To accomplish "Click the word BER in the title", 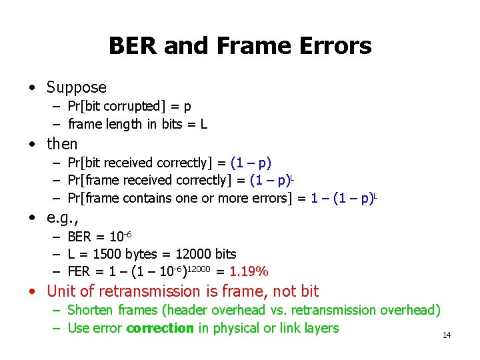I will [x=131, y=46].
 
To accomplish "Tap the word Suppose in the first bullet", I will [x=77, y=87].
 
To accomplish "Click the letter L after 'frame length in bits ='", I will [x=203, y=124].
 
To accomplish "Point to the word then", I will [x=62, y=144].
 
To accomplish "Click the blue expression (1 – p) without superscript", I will [x=251, y=163].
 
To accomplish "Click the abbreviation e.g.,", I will [x=62, y=219].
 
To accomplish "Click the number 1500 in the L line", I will [x=107, y=254].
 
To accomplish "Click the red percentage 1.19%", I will [x=249, y=271].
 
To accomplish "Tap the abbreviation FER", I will [x=80, y=271].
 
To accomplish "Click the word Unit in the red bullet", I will [x=60, y=291].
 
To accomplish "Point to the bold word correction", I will [x=159, y=328].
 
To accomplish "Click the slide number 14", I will [x=447, y=335].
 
